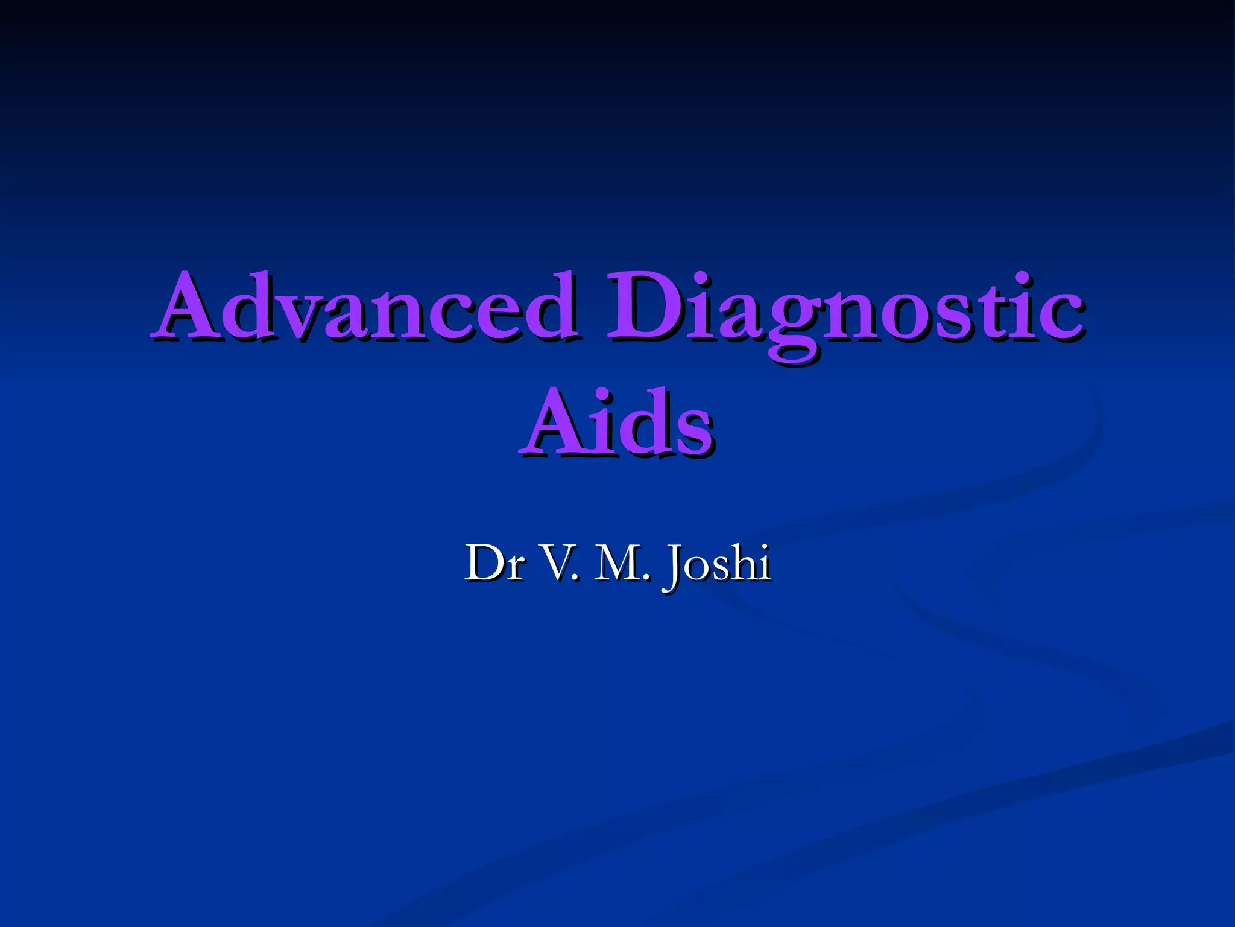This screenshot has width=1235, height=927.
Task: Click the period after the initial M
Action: [x=646, y=578]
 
